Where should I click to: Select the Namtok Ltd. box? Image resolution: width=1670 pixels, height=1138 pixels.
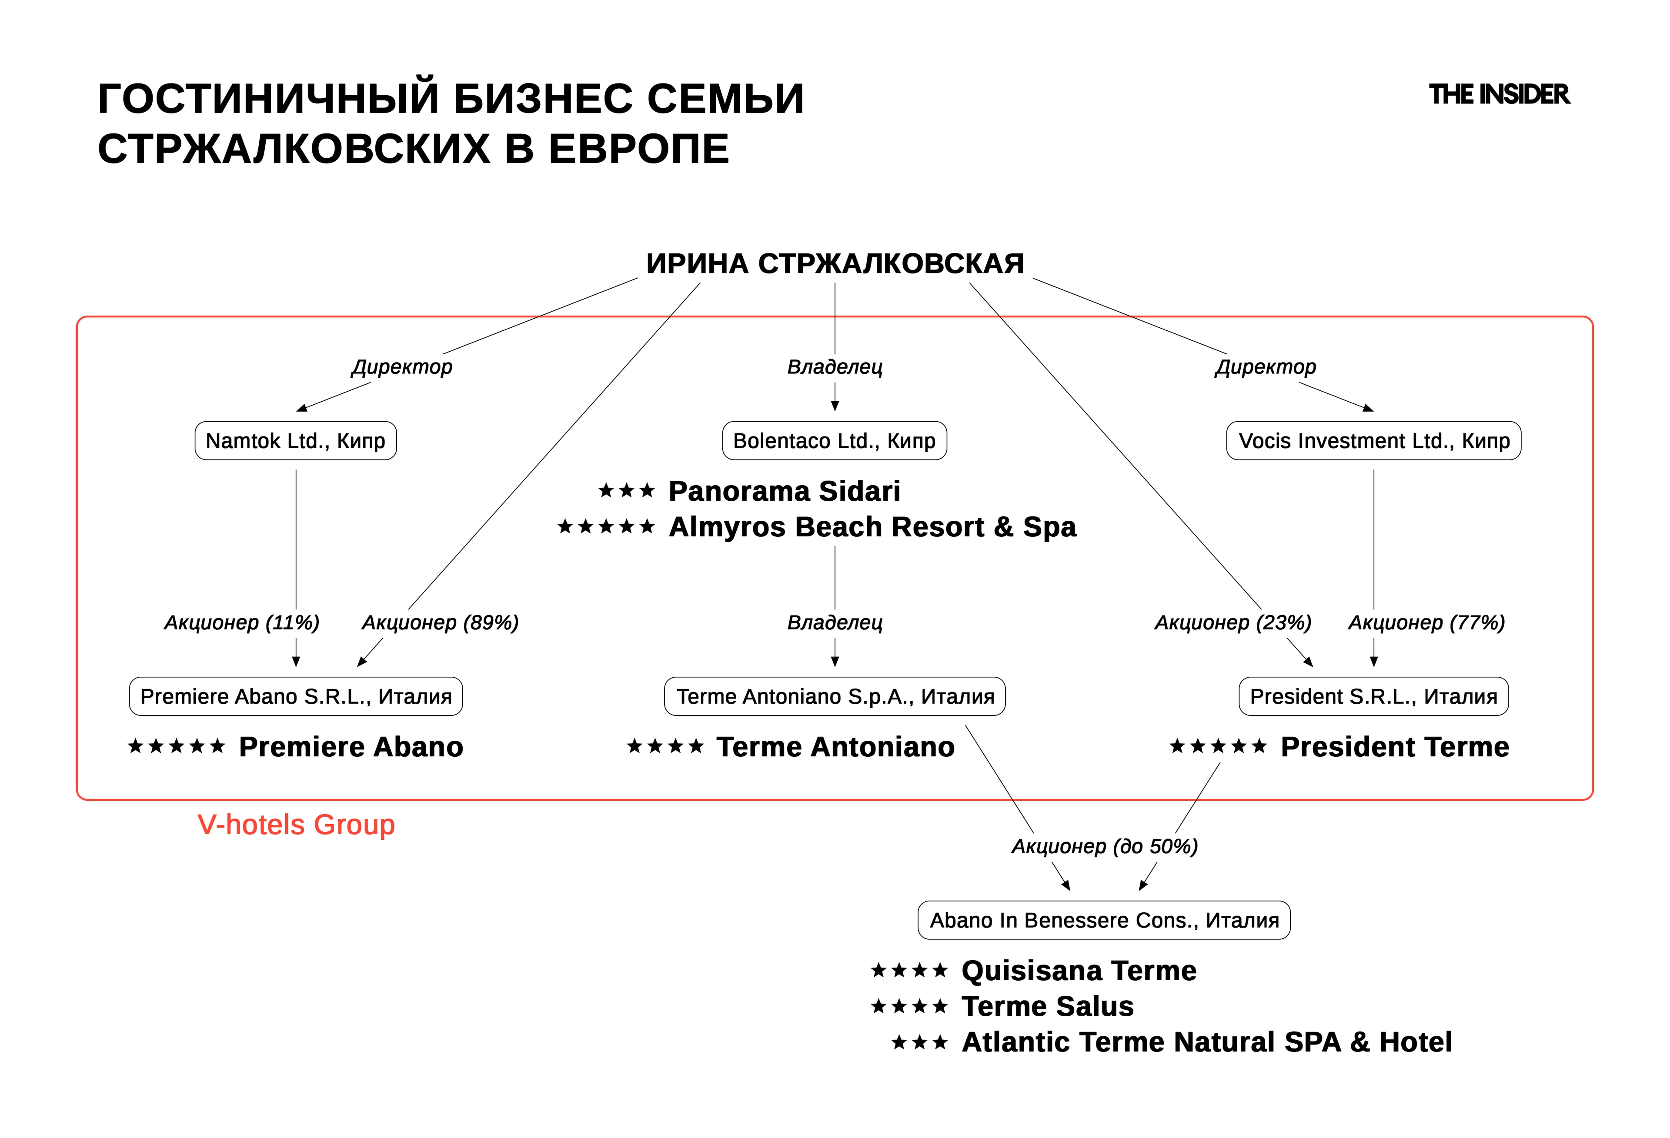pyautogui.click(x=295, y=440)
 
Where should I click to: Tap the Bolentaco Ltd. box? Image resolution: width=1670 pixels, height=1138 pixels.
pyautogui.click(x=834, y=440)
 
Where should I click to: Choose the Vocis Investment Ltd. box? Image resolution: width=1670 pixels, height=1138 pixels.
pyautogui.click(x=1373, y=440)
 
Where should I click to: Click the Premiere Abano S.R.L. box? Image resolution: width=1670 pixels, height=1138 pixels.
pyautogui.click(x=295, y=696)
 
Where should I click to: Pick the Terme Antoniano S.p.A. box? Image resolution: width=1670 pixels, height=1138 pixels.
pyautogui.click(x=834, y=696)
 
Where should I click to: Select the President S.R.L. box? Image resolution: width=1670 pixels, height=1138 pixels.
pyautogui.click(x=1373, y=696)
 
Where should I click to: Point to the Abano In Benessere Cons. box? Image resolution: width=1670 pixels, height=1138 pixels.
pyautogui.click(x=1104, y=920)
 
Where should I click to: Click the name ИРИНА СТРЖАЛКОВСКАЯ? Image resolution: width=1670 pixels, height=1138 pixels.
pyautogui.click(x=834, y=264)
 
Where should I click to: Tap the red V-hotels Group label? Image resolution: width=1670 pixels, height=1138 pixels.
pyautogui.click(x=296, y=825)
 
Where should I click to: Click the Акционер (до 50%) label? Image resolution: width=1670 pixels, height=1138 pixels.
pyautogui.click(x=1105, y=846)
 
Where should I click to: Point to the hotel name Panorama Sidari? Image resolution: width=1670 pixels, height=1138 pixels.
pyautogui.click(x=784, y=491)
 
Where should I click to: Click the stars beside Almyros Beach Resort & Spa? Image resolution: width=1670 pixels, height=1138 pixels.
pyautogui.click(x=606, y=527)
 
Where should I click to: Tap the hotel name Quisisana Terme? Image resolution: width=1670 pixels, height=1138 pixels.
pyautogui.click(x=1079, y=971)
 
